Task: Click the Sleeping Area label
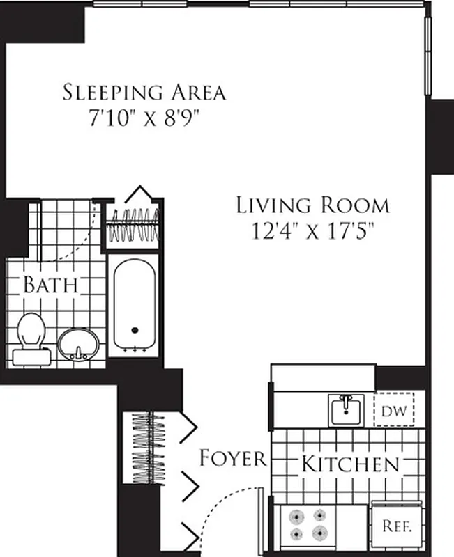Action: point(144,92)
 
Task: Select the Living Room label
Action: point(312,205)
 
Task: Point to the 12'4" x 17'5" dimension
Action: point(312,230)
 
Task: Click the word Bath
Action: point(50,285)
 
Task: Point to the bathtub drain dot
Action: point(135,331)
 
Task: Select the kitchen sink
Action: point(345,409)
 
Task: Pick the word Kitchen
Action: point(350,464)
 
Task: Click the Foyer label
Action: point(232,458)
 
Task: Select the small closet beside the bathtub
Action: point(134,225)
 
